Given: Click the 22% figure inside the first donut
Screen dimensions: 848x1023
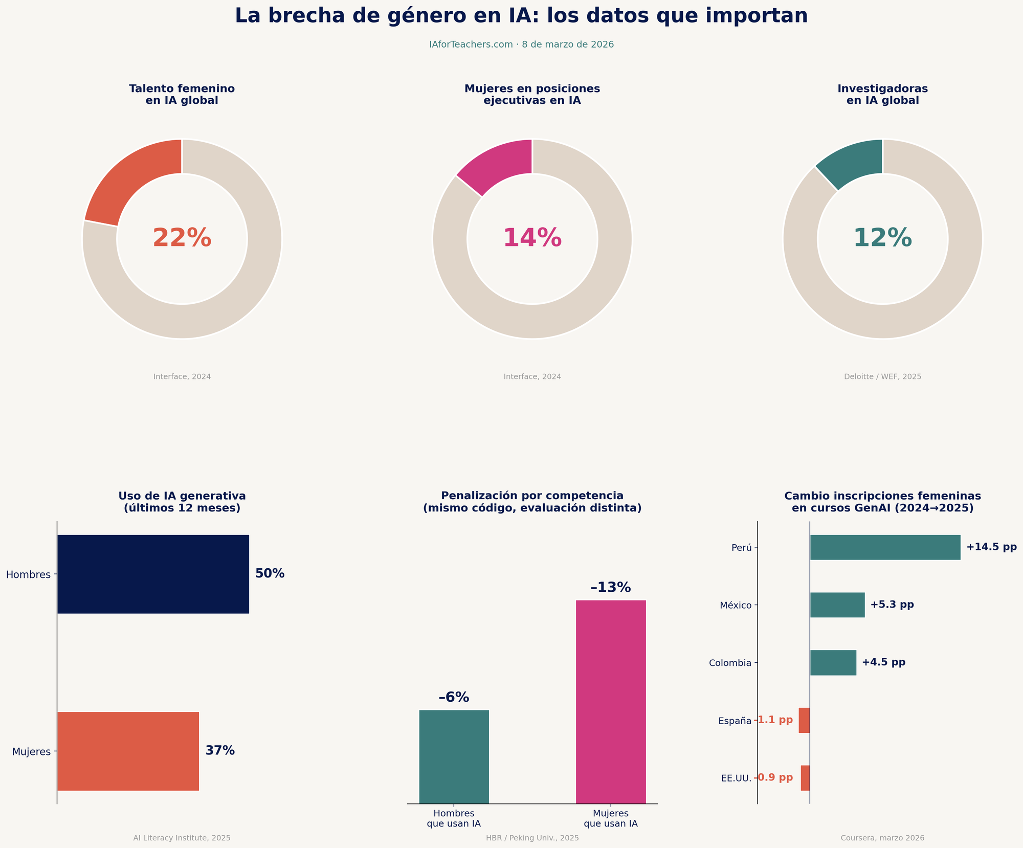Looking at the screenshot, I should (182, 238).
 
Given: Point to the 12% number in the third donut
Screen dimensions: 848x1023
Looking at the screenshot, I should (882, 238).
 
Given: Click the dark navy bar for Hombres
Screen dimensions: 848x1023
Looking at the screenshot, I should (153, 574).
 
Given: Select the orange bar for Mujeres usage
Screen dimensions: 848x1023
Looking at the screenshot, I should (128, 751).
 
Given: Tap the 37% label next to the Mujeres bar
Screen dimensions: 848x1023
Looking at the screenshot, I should (220, 751).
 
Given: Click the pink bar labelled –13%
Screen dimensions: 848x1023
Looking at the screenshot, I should (611, 702).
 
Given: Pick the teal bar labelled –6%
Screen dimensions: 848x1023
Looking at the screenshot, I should (454, 756).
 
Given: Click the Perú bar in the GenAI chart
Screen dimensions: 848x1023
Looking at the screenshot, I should (885, 547).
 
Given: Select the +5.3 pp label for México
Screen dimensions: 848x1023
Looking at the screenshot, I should (892, 605).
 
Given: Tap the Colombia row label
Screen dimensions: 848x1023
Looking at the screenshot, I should (730, 663).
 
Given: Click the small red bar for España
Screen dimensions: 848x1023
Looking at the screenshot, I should (804, 720).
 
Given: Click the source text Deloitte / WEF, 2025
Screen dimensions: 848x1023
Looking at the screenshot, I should (882, 376).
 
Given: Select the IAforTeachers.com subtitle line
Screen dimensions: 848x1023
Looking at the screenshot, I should (521, 44).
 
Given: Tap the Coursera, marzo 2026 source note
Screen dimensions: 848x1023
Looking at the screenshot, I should (882, 838).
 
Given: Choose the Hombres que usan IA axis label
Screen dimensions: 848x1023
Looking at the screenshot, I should (454, 818).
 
